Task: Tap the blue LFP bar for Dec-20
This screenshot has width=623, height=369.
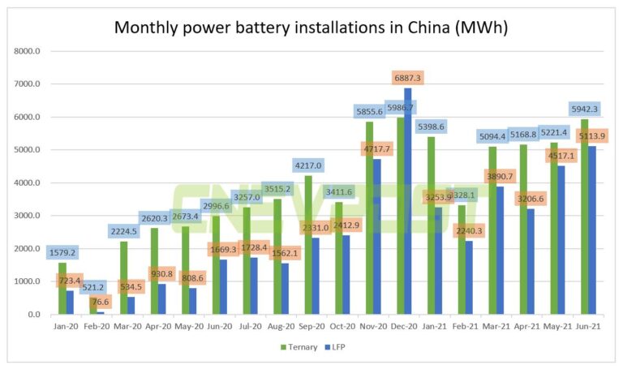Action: pyautogui.click(x=407, y=203)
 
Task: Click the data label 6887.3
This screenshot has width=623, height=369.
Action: pyautogui.click(x=407, y=79)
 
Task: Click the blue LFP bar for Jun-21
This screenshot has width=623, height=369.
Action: pyautogui.click(x=592, y=230)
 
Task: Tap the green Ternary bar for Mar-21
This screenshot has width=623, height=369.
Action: pyautogui.click(x=492, y=230)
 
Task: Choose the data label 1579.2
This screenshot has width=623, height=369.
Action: pyautogui.click(x=62, y=252)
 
